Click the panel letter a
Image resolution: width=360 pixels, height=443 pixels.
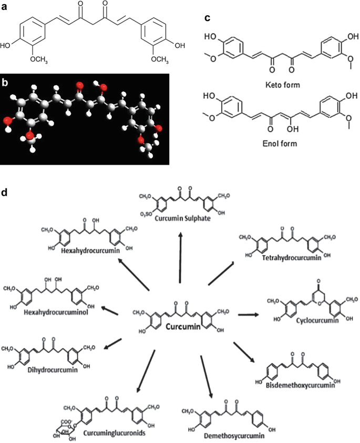pos(4,5)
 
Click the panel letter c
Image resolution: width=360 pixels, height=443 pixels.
pos(208,18)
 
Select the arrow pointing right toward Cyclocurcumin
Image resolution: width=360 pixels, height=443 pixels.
pos(248,315)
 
